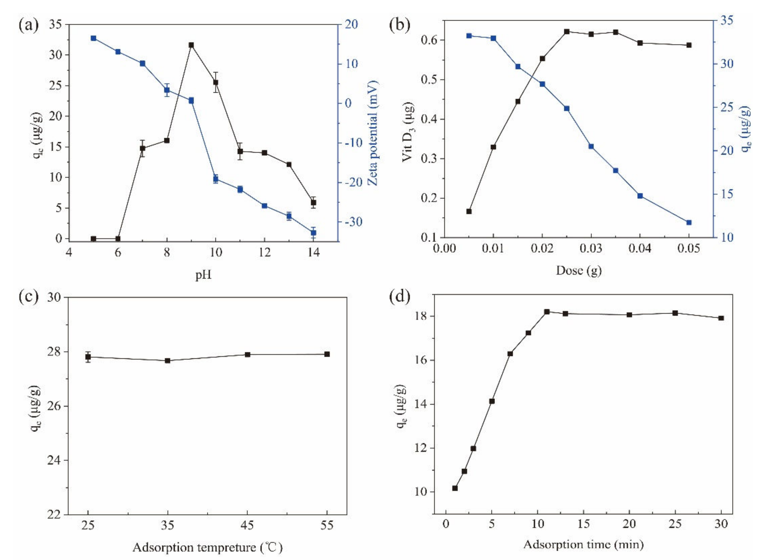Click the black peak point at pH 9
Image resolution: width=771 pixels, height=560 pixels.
pos(191,45)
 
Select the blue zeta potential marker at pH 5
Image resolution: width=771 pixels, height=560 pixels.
pos(93,38)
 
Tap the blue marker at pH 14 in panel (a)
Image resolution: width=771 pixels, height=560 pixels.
pos(313,233)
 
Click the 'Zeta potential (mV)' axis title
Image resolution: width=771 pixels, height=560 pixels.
pos(373,133)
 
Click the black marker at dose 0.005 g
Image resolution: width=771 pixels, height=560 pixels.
pos(469,211)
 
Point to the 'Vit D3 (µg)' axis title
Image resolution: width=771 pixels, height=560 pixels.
pos(408,132)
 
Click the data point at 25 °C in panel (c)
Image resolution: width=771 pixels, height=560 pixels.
pos(88,357)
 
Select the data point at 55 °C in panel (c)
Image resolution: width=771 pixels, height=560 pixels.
pos(327,354)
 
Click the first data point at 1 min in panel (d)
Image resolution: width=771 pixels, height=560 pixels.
pos(455,488)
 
